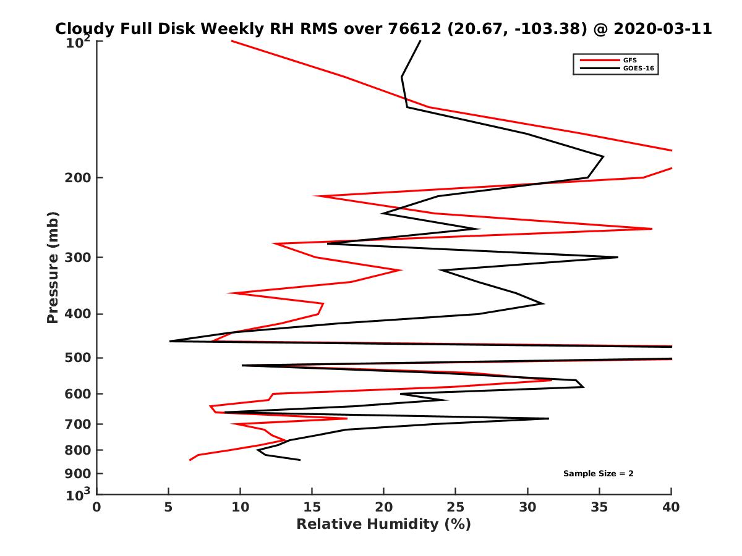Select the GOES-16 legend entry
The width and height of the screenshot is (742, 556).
(x=638, y=69)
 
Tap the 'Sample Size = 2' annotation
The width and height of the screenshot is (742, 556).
(x=598, y=474)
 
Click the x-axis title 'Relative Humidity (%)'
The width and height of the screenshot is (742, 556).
(x=383, y=524)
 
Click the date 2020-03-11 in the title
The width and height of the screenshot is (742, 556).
(x=662, y=28)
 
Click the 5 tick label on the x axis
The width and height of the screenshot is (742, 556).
(x=169, y=507)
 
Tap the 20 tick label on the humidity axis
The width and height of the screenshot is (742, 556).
(x=384, y=507)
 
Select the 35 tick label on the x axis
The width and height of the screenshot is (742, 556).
(x=599, y=507)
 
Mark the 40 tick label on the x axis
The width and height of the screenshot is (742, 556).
(x=671, y=507)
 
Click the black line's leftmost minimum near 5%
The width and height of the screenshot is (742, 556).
(x=170, y=341)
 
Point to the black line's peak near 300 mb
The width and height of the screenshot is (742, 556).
(x=617, y=257)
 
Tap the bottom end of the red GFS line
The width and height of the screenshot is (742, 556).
(x=190, y=460)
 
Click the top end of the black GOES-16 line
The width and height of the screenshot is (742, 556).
(x=420, y=41)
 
